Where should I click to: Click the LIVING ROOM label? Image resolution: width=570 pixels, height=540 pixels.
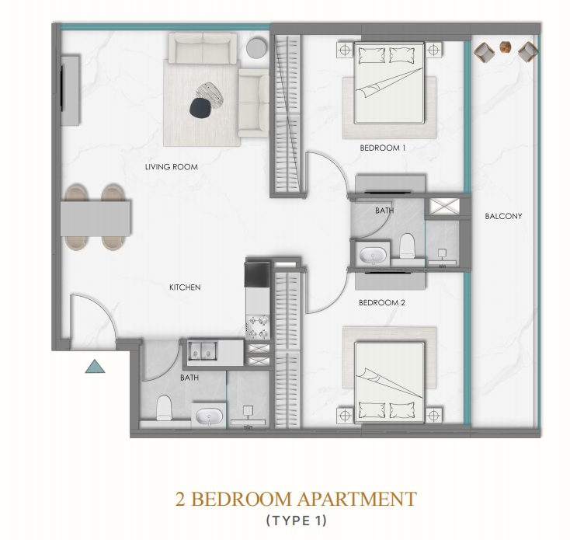tap(171, 167)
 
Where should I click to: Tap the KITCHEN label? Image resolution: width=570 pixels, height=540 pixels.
tap(185, 287)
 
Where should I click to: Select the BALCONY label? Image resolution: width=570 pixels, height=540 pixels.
tap(503, 216)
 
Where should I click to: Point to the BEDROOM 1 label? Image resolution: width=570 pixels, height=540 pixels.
tap(382, 148)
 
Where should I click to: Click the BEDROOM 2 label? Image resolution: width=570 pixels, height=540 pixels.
tap(382, 302)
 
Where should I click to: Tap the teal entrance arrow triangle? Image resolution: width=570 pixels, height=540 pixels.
tap(95, 367)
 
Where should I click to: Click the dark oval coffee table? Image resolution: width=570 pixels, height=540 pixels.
tap(200, 108)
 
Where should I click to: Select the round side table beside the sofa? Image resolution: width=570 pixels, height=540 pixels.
tap(256, 48)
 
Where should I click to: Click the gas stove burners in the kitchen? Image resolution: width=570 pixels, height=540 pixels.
tap(258, 327)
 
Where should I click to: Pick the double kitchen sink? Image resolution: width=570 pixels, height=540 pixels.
tap(202, 350)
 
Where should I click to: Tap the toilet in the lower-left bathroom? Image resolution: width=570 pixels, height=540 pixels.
tap(164, 408)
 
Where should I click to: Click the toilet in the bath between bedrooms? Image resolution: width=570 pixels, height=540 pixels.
tap(407, 246)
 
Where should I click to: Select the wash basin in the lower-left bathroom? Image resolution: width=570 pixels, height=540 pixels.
tap(209, 416)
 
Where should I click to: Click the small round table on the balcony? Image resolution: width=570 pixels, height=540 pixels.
tap(506, 47)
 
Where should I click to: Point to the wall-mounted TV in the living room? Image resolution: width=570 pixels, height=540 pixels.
tap(63, 88)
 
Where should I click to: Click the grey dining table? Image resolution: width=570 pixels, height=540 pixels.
tap(96, 218)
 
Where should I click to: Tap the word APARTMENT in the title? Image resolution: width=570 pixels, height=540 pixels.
tap(356, 499)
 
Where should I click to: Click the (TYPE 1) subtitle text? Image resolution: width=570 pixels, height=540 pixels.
tap(297, 521)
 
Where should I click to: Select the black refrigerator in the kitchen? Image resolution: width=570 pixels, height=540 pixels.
tap(258, 273)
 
